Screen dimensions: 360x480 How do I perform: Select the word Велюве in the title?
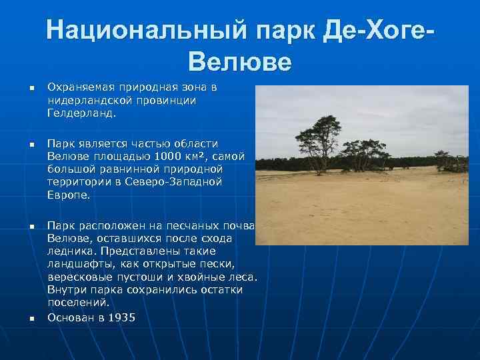tap(240, 61)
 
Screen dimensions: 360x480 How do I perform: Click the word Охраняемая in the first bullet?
tap(79, 87)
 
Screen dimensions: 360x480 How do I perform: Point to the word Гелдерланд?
tap(81, 113)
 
